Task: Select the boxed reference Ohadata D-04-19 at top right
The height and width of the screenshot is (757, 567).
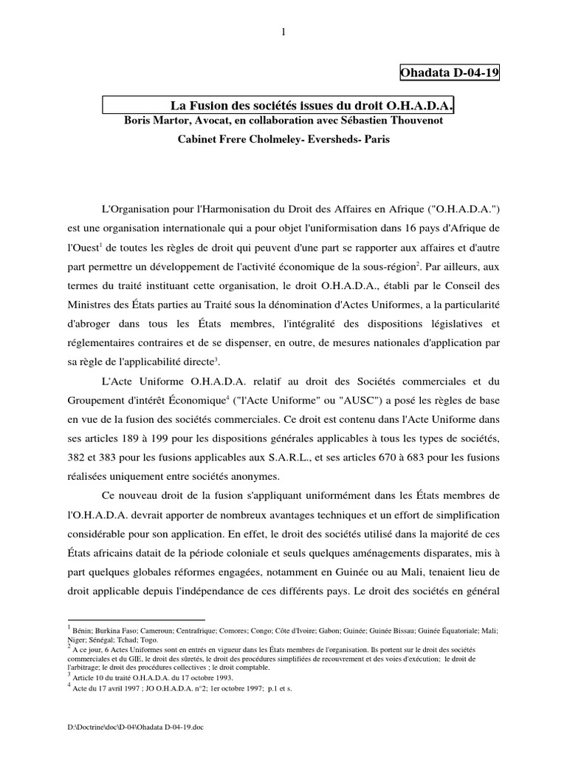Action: point(450,74)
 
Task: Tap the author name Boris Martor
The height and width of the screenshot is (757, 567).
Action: point(155,120)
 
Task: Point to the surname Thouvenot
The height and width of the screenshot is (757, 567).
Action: point(413,120)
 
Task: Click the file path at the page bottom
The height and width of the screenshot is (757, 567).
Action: point(135,727)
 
